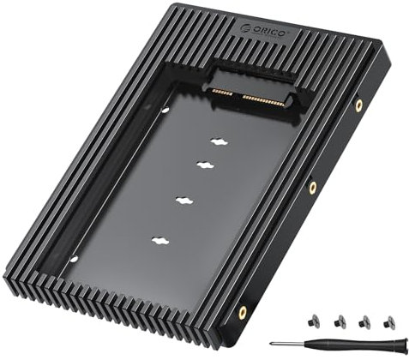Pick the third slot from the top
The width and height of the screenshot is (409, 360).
point(183,200)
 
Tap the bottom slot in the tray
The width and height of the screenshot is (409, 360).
point(159,243)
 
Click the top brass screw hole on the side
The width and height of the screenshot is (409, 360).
point(358,105)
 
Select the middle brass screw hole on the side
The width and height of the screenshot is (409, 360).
point(313,186)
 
